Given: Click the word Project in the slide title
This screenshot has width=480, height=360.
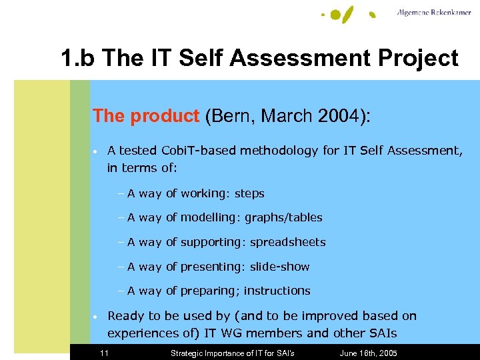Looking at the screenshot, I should (x=413, y=59).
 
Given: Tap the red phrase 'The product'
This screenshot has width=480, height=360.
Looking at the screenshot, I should (x=146, y=116).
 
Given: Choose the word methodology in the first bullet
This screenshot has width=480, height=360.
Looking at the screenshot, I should (x=281, y=151).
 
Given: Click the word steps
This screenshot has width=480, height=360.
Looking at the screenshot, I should (x=249, y=194).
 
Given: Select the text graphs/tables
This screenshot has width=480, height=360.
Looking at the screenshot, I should (x=283, y=218).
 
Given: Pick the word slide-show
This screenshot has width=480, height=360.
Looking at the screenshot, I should (x=279, y=267).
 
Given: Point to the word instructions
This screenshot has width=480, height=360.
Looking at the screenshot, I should (x=277, y=291).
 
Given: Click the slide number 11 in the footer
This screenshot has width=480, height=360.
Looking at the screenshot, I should (x=104, y=353).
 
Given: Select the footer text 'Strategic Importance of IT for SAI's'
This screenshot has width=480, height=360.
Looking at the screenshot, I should (x=233, y=353).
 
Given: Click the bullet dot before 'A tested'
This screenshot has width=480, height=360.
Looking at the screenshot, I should (x=96, y=151).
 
